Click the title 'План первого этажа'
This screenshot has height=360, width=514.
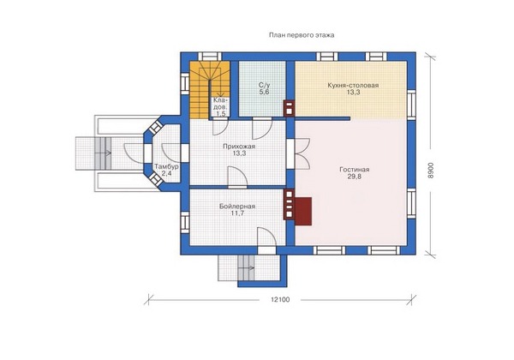(x=302, y=35)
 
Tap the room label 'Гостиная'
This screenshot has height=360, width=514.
(x=355, y=170)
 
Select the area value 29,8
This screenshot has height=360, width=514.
(x=355, y=177)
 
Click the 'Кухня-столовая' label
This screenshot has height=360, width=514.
(x=353, y=85)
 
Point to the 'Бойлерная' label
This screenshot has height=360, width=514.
(x=237, y=207)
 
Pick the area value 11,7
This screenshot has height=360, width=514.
(x=237, y=213)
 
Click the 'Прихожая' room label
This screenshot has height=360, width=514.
(x=239, y=147)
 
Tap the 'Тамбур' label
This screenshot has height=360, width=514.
(x=167, y=166)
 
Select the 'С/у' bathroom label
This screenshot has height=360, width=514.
(x=264, y=85)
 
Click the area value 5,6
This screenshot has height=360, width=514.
(x=264, y=92)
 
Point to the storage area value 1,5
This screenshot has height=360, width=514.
(x=221, y=114)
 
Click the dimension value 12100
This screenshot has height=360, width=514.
(x=280, y=299)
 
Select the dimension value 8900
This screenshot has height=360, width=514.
(x=431, y=171)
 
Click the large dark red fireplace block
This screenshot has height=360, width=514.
(x=303, y=211)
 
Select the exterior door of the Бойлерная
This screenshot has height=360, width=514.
(x=266, y=241)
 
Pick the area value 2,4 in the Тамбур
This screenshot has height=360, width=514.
(x=167, y=173)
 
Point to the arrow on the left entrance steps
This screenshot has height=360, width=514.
(x=105, y=153)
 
